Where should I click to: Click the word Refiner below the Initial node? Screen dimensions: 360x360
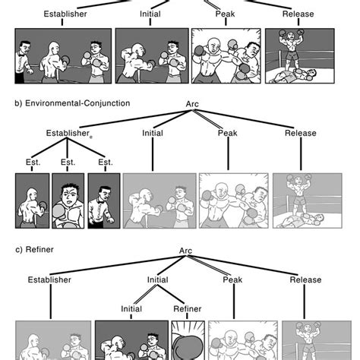click(x=188, y=309)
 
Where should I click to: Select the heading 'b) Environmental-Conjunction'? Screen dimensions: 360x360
click(x=72, y=103)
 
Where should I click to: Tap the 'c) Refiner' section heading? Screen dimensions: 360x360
click(x=34, y=250)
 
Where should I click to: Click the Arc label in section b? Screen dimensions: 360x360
click(x=192, y=104)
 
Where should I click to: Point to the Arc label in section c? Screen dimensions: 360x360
click(x=185, y=251)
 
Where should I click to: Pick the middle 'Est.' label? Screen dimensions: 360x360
click(x=68, y=162)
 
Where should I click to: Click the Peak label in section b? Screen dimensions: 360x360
click(x=228, y=133)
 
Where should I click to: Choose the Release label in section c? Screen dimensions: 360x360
click(x=305, y=279)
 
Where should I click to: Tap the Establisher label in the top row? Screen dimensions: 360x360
click(x=65, y=14)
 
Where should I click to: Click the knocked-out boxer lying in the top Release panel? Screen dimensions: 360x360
click(x=294, y=75)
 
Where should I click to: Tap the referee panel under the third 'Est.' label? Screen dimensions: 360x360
click(x=104, y=201)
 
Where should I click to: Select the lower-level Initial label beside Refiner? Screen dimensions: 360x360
click(x=131, y=309)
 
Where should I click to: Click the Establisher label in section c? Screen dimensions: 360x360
click(x=49, y=279)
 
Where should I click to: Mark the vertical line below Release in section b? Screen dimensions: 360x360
click(x=301, y=154)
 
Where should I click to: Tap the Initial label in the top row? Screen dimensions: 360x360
click(x=150, y=14)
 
